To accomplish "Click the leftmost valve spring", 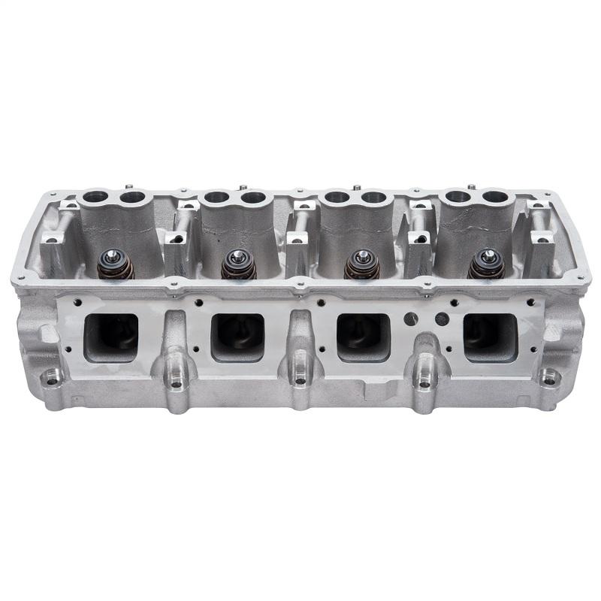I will click(116, 265).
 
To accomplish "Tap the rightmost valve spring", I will click(485, 265).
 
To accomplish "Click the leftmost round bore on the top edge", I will click(95, 198).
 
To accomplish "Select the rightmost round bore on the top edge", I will click(496, 198).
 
